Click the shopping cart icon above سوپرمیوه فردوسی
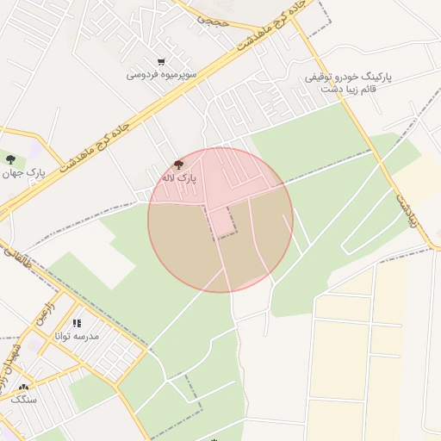161,61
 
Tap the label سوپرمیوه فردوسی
162,75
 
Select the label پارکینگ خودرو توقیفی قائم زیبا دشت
348,83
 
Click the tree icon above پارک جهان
10,159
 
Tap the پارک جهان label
23,173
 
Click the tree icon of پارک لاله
178,164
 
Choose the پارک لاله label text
179,177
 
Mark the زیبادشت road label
407,209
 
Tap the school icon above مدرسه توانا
77,323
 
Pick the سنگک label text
23,400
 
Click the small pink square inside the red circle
222,221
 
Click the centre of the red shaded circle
220,220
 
